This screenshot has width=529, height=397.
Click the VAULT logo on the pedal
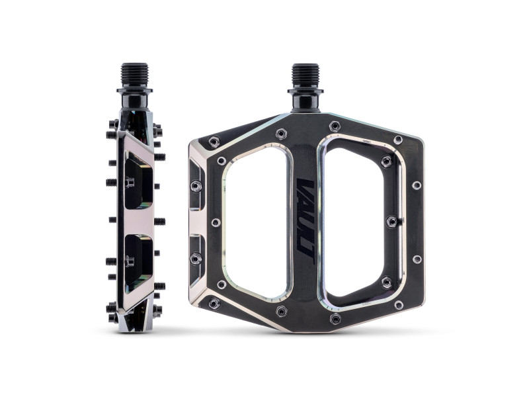pyautogui.click(x=305, y=218)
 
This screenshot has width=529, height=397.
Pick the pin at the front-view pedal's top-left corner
pyautogui.click(x=213, y=141)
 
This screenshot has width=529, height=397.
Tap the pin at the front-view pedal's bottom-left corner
pyautogui.click(x=213, y=303)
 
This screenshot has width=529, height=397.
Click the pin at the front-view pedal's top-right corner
pyautogui.click(x=398, y=140)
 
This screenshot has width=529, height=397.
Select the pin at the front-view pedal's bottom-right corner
pyautogui.click(x=398, y=305)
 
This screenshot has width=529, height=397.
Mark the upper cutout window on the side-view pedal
pyautogui.click(x=138, y=179)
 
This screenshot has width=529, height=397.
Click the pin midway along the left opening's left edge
pyautogui.click(x=216, y=222)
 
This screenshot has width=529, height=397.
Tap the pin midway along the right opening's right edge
pyautogui.click(x=391, y=221)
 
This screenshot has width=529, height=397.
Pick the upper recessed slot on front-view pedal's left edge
pyautogui.click(x=196, y=185)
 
